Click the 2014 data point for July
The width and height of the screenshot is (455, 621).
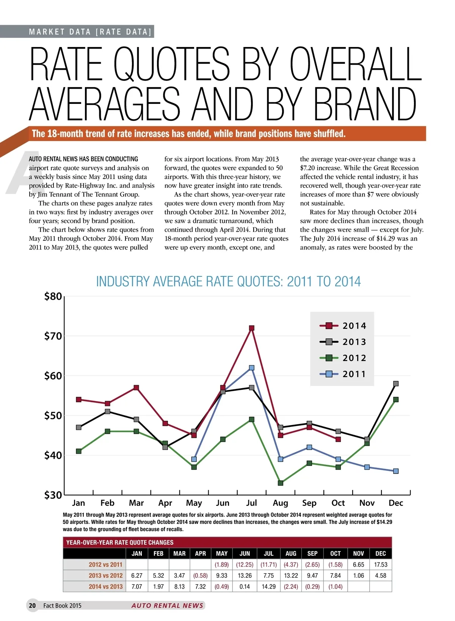pyautogui.click(x=251, y=328)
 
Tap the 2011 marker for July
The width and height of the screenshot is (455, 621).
pyautogui.click(x=251, y=368)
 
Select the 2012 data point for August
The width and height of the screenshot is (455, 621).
pyautogui.click(x=281, y=483)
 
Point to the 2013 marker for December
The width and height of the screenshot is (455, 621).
pyautogui.click(x=396, y=384)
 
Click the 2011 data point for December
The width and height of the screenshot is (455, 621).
pyautogui.click(x=396, y=471)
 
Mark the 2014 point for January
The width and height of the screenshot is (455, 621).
pyautogui.click(x=78, y=400)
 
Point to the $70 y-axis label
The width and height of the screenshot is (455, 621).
pyautogui.click(x=53, y=336)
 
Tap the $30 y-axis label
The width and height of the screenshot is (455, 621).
pyautogui.click(x=53, y=495)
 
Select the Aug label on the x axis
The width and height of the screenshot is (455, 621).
pyautogui.click(x=281, y=503)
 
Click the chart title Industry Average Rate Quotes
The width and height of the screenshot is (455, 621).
pyautogui.click(x=228, y=282)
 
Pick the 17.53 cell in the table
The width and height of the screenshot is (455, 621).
pyautogui.click(x=380, y=565)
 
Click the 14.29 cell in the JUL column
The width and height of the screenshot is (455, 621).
pyautogui.click(x=268, y=586)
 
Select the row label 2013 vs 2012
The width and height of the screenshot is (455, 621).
pyautogui.click(x=105, y=576)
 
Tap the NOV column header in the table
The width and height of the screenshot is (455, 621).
pyautogui.click(x=358, y=554)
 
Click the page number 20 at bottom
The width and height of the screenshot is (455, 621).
pyautogui.click(x=32, y=605)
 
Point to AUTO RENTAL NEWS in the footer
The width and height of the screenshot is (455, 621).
pyautogui.click(x=167, y=605)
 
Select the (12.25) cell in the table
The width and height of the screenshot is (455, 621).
pyautogui.click(x=245, y=565)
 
